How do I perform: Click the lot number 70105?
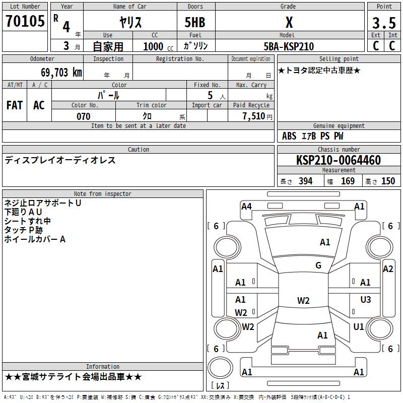coord(25,22)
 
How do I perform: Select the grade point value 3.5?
coord(384,23)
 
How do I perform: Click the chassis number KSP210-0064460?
coord(338,160)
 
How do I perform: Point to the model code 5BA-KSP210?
coord(289,46)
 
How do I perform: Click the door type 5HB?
coord(195,22)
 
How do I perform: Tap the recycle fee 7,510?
coord(253,116)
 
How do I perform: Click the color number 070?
coord(83,116)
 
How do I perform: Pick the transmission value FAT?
coord(14,105)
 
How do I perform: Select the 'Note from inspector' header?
coord(102,193)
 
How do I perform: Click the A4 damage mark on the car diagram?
coord(246,206)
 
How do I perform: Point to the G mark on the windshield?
coord(318,265)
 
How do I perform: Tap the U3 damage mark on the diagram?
coord(366,300)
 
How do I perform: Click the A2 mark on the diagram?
coord(388,269)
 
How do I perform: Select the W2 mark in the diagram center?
coord(303,301)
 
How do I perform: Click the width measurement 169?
coord(348,181)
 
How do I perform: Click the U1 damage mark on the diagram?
coord(359,327)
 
